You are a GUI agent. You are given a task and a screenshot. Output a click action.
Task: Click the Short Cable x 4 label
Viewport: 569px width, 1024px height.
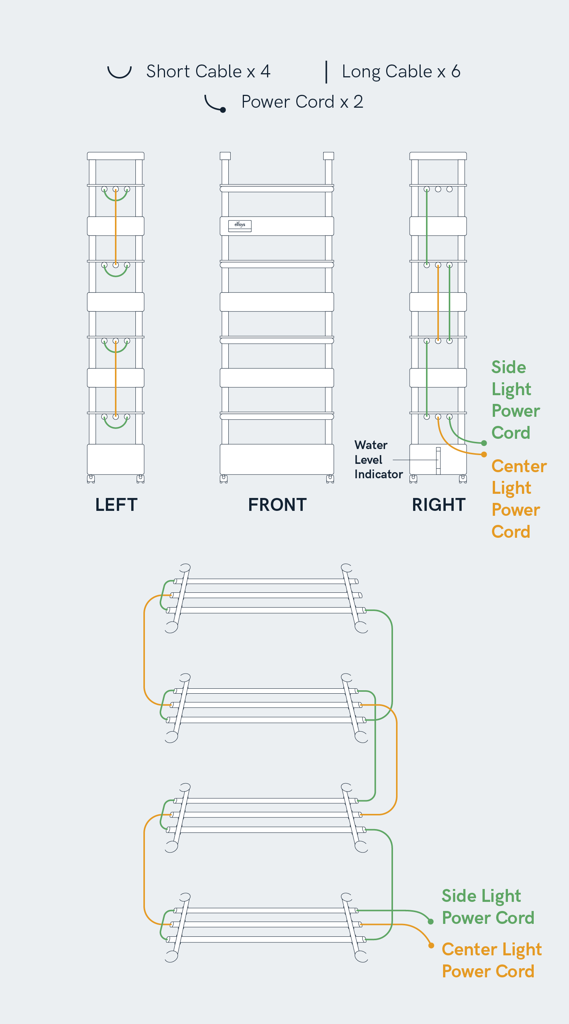208,72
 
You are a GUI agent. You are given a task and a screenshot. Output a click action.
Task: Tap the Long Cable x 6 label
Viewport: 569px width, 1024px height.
401,72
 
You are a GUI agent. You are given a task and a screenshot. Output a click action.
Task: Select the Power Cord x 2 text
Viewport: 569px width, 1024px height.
302,102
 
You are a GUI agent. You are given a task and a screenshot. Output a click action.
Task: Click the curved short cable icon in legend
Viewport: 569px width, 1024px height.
119,72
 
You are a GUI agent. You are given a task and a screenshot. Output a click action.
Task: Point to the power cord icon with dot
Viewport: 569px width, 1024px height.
215,104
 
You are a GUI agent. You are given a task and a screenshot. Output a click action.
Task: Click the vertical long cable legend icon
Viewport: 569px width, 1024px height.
327,72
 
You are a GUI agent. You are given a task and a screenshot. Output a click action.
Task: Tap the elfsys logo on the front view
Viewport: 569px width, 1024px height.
240,225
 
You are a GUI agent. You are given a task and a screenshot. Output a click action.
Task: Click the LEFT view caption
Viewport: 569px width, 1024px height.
116,504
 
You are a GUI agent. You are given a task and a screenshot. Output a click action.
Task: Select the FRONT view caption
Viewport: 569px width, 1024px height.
277,504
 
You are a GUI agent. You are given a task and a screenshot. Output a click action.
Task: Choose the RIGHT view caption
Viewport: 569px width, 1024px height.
439,504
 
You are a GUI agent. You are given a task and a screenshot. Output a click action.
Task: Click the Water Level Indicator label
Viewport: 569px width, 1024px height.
378,460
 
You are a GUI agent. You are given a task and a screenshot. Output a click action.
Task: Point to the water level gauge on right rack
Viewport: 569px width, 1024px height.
438,460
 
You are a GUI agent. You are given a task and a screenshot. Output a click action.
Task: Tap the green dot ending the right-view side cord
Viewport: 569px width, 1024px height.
484,443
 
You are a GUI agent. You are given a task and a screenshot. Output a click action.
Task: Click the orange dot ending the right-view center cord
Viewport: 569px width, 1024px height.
484,454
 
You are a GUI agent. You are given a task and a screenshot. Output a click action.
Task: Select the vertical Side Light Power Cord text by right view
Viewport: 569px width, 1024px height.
515,399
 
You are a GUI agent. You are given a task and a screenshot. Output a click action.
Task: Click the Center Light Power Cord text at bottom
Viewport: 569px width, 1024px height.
491,960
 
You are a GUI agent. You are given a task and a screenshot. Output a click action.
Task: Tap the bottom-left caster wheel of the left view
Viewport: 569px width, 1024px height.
91,479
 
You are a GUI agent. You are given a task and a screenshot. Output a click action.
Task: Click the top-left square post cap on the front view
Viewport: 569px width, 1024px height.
225,156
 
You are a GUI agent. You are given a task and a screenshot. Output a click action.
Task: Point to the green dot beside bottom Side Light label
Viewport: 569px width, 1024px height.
431,922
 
